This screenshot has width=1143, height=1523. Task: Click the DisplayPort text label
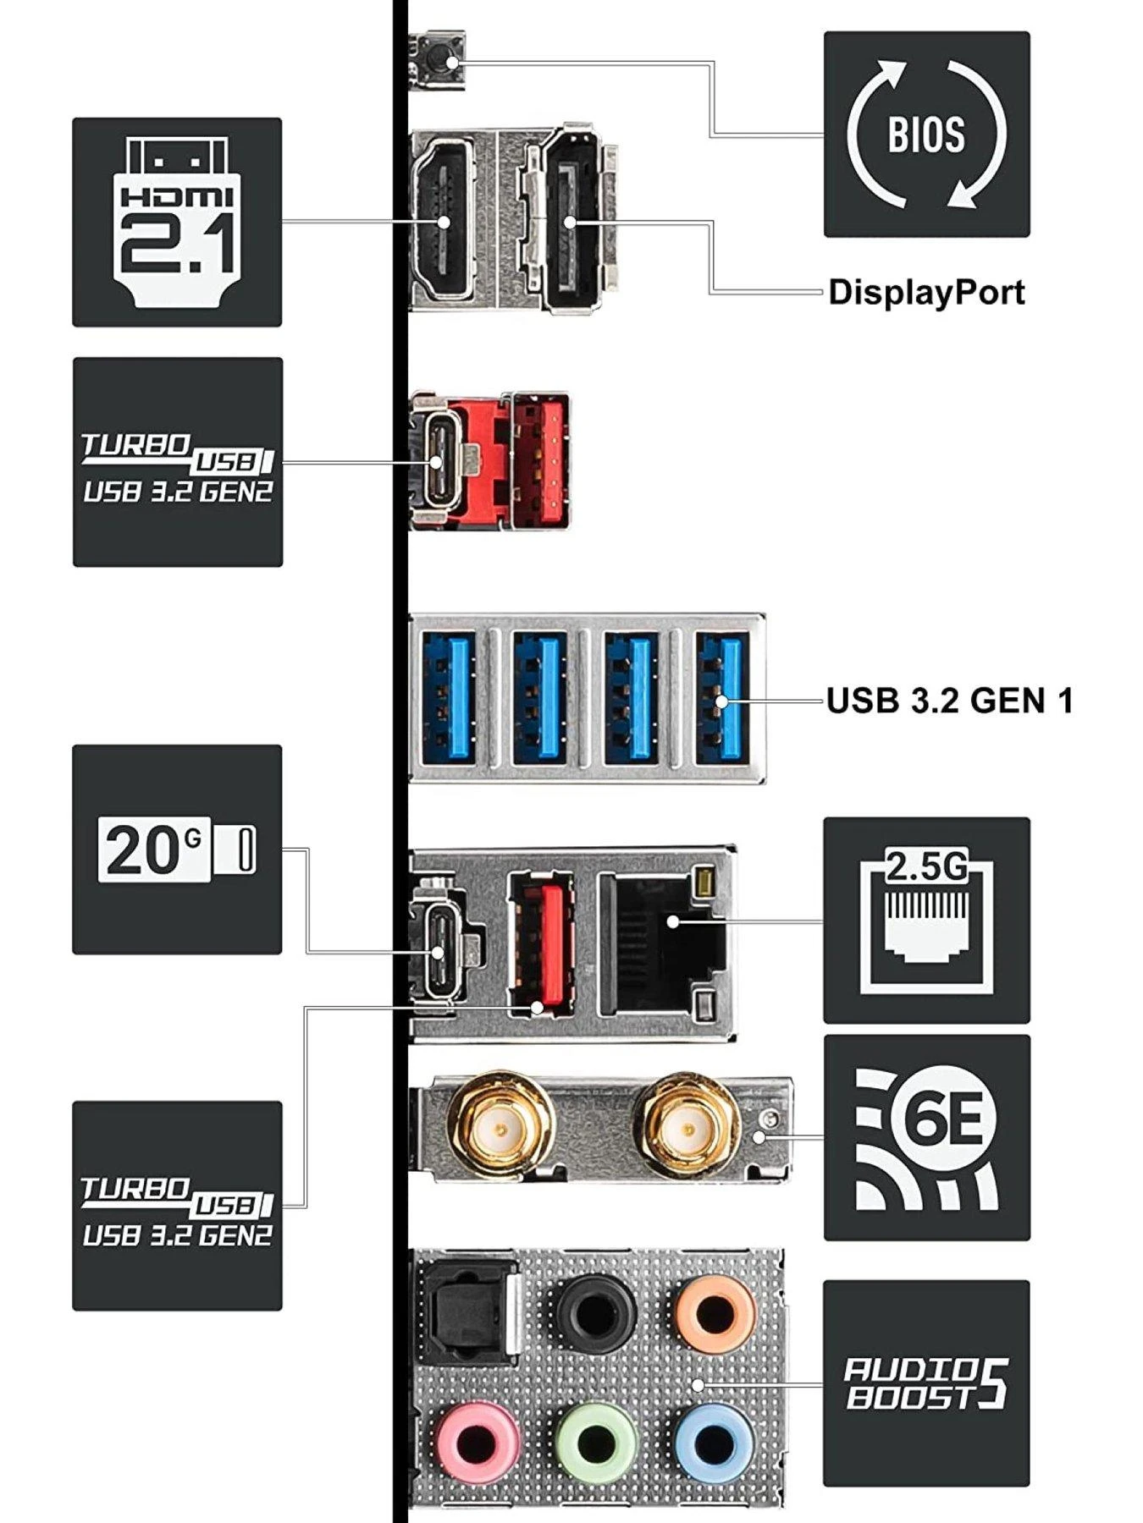coord(926,292)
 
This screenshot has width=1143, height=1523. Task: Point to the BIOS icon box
coord(926,135)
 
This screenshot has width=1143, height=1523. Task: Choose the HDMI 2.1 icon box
coord(177,222)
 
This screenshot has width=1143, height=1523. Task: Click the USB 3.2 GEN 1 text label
coord(949,701)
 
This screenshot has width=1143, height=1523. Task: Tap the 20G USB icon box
coord(177,849)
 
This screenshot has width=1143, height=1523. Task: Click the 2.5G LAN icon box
coord(926,921)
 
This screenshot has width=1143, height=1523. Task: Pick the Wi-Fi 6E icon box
coord(926,1138)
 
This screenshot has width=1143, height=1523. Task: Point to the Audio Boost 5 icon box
coord(926,1383)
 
